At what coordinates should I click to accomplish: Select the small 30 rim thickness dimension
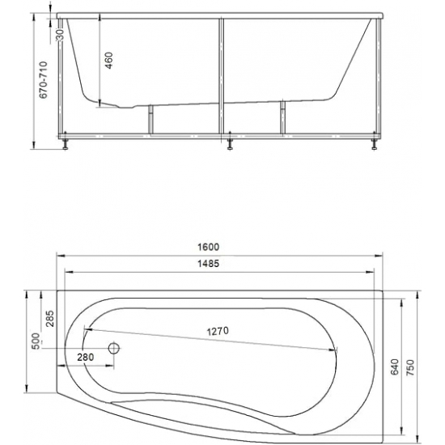click(x=60, y=34)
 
